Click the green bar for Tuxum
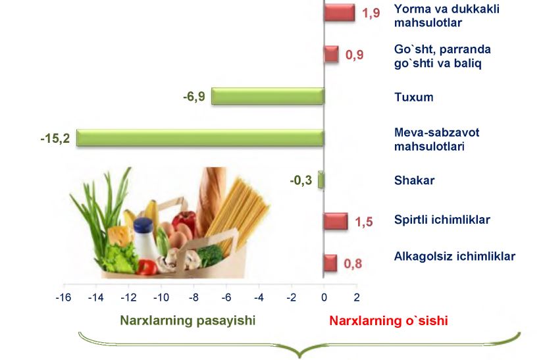point(268,96)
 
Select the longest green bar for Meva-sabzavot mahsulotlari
point(200,138)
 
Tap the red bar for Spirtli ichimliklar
point(335,221)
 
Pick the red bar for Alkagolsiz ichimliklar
point(330,263)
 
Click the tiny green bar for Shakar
point(321,180)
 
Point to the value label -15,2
point(55,138)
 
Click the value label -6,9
point(194,96)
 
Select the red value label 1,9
point(371,13)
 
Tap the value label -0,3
point(301,180)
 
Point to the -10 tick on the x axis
point(161,297)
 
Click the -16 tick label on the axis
point(63,297)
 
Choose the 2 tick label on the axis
point(357,297)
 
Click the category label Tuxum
point(414,97)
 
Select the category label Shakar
point(414,180)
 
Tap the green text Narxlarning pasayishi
point(188,321)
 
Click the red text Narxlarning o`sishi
point(388,321)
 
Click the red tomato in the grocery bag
point(147,267)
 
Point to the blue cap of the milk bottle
point(143,225)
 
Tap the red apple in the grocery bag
point(184,222)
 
